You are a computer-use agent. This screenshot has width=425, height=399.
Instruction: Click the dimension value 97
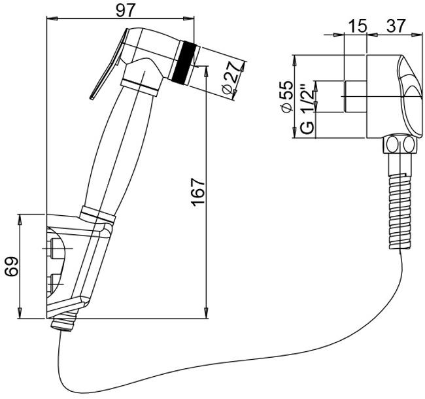pos(126,11)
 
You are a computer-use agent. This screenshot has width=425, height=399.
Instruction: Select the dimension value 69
pos(12,266)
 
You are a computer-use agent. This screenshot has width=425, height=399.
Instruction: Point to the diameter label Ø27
pos(233,78)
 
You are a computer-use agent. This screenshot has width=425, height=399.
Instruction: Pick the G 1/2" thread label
pos(308,110)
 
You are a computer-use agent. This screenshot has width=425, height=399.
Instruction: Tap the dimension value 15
pos(357,26)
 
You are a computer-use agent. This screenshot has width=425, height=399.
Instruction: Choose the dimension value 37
pos(396,26)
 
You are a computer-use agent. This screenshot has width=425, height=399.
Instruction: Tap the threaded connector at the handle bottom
pos(65,321)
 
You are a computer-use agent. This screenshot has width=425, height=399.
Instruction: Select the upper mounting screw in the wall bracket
pos(54,248)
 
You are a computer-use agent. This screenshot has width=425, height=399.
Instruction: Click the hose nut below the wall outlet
pos(399,145)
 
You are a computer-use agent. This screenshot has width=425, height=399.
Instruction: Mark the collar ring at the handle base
pos(97,215)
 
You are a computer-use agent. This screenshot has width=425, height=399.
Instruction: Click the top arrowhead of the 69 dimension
pos(20,219)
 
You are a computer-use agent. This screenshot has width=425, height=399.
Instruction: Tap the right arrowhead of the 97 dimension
pos(189,18)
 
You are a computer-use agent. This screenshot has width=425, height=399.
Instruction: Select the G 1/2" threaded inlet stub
pos(355,96)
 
